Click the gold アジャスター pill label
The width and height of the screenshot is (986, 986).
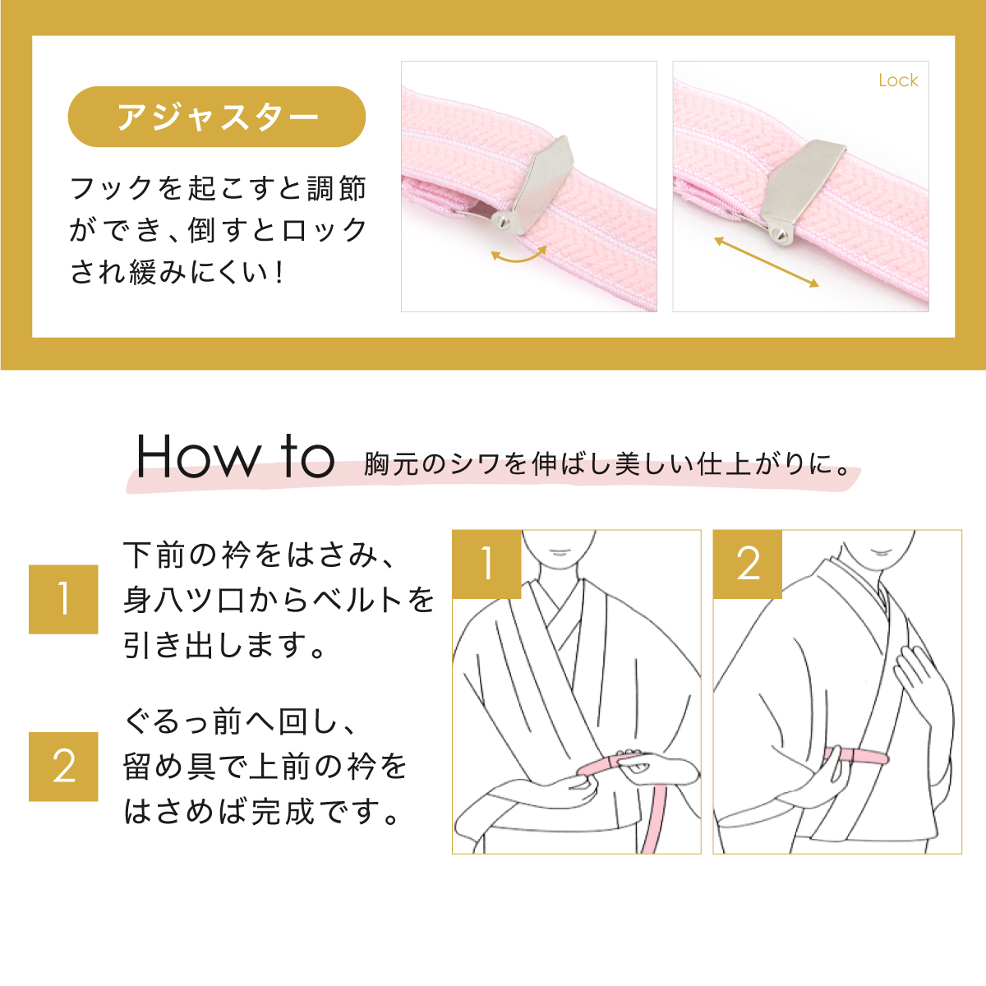(x=216, y=117)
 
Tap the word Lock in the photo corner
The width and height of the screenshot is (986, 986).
(x=897, y=81)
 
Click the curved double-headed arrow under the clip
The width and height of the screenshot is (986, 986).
(x=518, y=256)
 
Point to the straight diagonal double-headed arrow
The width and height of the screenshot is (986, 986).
(x=766, y=262)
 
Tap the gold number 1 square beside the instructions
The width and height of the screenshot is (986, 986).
(x=63, y=599)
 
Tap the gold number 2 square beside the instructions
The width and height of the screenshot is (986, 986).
(x=63, y=767)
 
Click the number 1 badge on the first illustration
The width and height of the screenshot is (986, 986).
(x=486, y=564)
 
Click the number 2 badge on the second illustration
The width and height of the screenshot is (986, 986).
(x=747, y=564)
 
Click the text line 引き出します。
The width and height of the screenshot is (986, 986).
(x=226, y=645)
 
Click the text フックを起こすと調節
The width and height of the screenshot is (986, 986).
(x=218, y=188)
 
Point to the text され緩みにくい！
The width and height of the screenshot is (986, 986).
(x=177, y=272)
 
